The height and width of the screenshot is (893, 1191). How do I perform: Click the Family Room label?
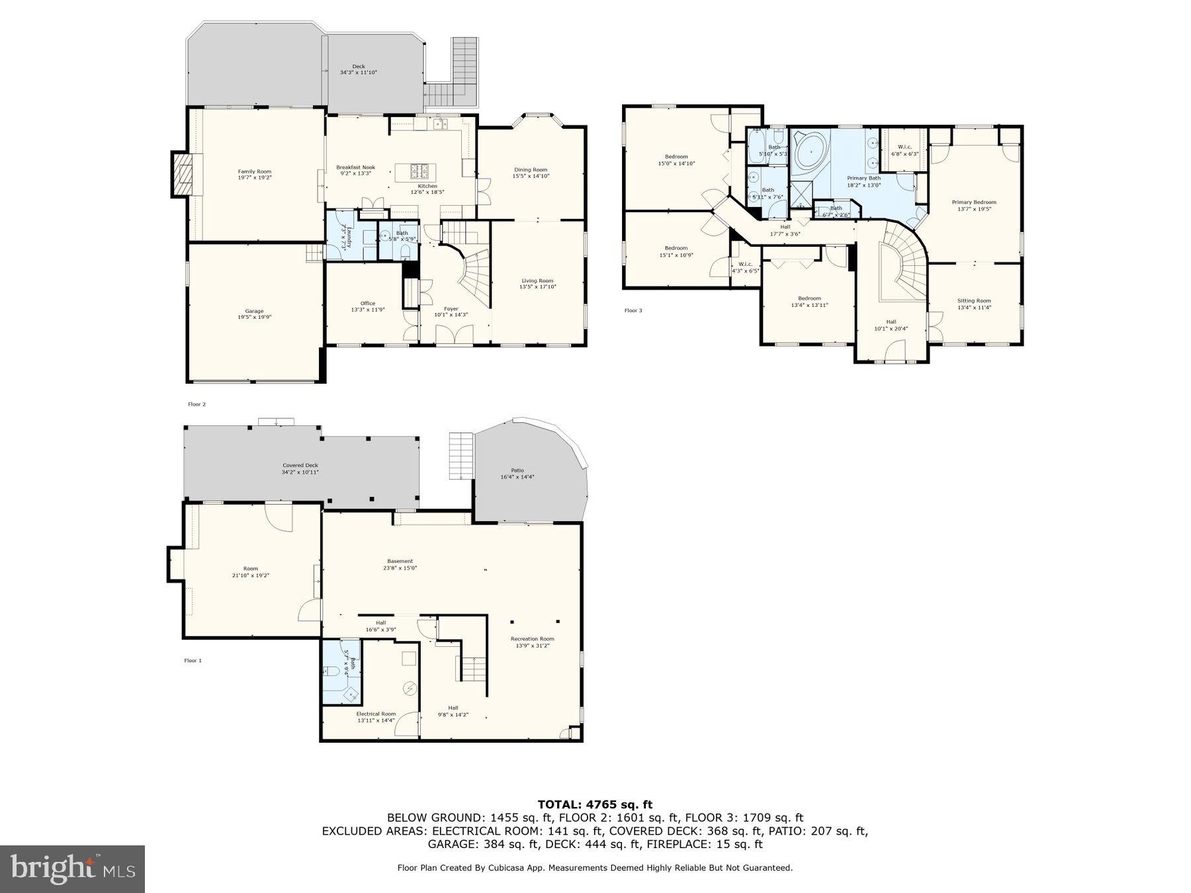coord(254,171)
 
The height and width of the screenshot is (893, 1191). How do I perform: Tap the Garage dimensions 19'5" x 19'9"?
coord(254,318)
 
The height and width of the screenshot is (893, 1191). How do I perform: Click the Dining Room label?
coord(530,170)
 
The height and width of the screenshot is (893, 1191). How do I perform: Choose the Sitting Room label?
coord(974,300)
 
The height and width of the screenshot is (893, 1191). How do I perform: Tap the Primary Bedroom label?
coord(973,202)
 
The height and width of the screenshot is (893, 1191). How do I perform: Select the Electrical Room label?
coord(376,714)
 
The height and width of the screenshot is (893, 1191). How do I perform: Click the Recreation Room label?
coord(532,638)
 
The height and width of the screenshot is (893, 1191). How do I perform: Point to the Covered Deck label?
coord(300,465)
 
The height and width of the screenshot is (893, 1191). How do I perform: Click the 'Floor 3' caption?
coord(633,310)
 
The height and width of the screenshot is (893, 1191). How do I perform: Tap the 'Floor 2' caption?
coord(197,404)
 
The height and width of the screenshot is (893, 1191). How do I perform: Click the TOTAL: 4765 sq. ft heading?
coord(595,804)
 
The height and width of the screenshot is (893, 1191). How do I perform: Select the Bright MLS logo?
coord(72,869)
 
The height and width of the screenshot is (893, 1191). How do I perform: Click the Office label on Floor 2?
coord(367,303)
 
